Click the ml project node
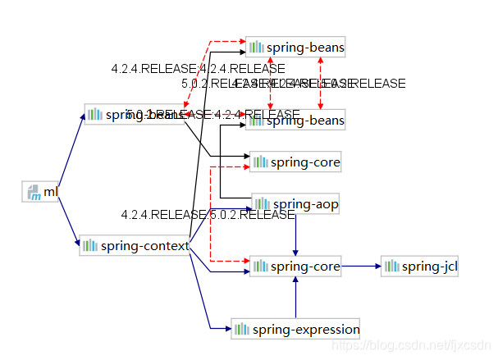42,192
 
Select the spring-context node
135,245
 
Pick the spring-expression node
296,330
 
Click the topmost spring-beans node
295,48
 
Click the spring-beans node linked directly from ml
135,114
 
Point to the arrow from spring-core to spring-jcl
361,266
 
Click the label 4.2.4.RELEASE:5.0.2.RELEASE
208,215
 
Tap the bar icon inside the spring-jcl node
392,266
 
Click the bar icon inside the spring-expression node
241,330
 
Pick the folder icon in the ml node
33,193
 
